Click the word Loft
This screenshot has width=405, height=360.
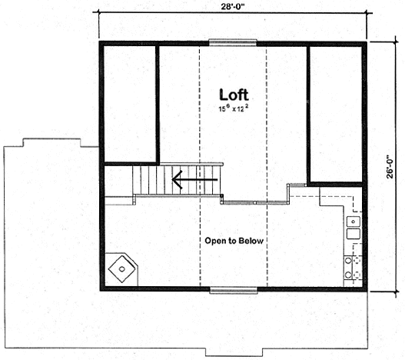click(x=234, y=95)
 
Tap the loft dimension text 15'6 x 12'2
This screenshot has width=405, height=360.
click(x=234, y=110)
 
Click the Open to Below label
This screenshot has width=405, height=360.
click(x=234, y=241)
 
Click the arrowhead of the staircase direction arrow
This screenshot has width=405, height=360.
click(x=176, y=182)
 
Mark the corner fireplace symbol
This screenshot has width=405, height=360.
click(x=123, y=268)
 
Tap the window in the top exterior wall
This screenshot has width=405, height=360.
click(x=234, y=42)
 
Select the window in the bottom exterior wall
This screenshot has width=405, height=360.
click(x=234, y=290)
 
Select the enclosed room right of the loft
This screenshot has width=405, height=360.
click(x=335, y=114)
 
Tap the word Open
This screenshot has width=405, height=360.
click(x=215, y=241)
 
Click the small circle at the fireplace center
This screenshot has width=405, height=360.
click(x=123, y=269)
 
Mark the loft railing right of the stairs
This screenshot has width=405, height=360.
click(x=254, y=202)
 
